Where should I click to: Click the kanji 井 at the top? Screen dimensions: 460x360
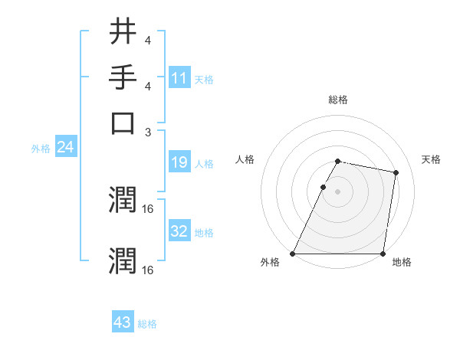123,32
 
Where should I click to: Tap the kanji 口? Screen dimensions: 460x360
123,123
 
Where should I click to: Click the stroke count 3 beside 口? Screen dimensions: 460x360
149,132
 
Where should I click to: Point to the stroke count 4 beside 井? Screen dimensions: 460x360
147,40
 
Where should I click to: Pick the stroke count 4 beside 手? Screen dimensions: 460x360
147,86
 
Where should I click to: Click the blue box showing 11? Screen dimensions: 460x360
179,78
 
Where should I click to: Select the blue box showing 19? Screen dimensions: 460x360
179,162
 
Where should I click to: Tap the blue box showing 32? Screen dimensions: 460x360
179,231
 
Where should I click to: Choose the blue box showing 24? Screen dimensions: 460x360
65,147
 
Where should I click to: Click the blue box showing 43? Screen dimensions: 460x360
122,322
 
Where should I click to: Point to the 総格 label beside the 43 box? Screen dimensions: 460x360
147,324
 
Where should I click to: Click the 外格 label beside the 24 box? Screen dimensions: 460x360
41,149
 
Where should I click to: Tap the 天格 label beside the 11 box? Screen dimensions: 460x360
204,80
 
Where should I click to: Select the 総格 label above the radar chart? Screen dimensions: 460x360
337,100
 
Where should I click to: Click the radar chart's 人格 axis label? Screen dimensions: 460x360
245,159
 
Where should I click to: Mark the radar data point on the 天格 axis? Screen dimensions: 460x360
396,173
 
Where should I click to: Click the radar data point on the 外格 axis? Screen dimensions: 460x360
293,254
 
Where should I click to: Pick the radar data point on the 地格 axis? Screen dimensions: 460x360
383,254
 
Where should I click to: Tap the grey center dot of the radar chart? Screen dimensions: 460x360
337,191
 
